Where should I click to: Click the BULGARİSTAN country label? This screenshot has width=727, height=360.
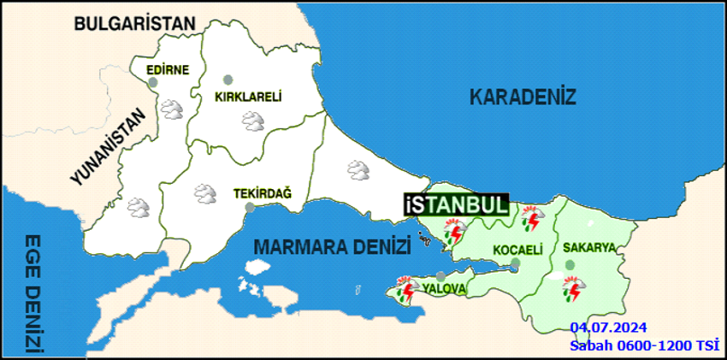(x=135, y=23)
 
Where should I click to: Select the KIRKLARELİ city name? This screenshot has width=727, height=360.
(x=247, y=97)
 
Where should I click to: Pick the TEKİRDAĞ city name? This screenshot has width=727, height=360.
(x=262, y=194)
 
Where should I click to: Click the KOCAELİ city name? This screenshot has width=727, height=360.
(x=517, y=250)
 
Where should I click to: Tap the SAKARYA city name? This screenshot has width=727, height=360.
(x=589, y=248)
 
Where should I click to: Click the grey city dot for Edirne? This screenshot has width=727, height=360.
(x=152, y=83)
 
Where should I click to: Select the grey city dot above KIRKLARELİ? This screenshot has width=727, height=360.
(x=228, y=80)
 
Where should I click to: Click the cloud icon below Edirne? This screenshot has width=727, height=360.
(x=173, y=109)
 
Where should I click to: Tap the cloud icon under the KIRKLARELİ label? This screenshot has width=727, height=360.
(x=253, y=121)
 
